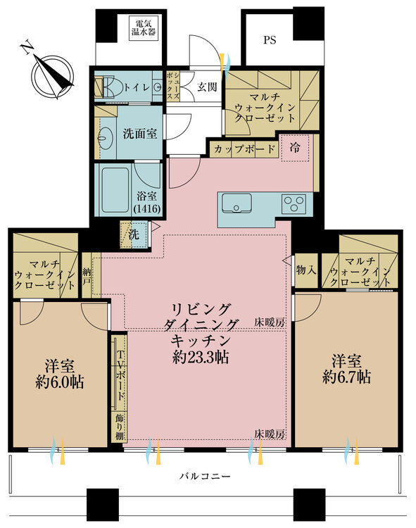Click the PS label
(270, 40)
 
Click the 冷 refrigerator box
(295, 149)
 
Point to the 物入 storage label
(305, 269)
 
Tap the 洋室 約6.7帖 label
(347, 369)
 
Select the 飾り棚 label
(120, 426)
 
